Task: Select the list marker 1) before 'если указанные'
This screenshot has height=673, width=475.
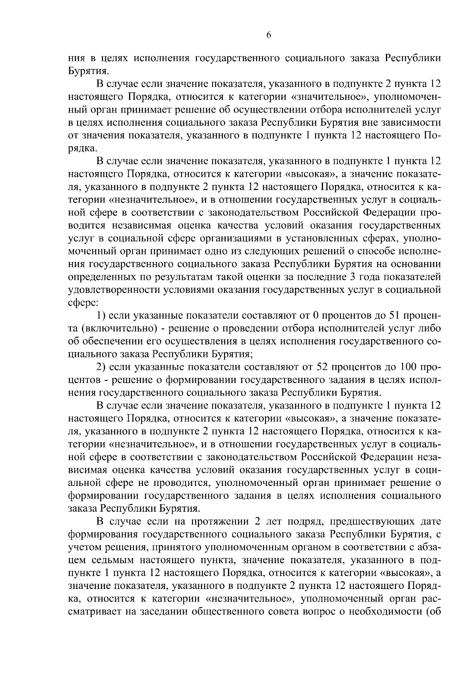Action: coord(101,315)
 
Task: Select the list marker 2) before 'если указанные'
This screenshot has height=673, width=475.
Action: coord(101,367)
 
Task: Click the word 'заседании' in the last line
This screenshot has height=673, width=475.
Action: coord(163,612)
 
